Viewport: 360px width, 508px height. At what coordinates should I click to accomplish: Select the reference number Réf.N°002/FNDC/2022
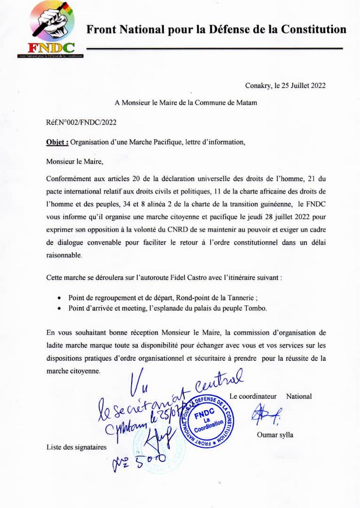point(81,122)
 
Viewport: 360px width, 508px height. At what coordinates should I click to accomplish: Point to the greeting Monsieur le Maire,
point(75,161)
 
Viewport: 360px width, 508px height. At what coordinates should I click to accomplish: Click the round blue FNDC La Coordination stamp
point(207,422)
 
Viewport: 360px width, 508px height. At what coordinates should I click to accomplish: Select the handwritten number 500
point(148,458)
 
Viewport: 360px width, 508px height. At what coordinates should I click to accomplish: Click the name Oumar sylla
point(275,435)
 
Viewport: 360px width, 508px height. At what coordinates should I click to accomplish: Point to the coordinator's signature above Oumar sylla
point(265,414)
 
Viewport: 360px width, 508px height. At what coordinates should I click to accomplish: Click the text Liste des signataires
point(77,447)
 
